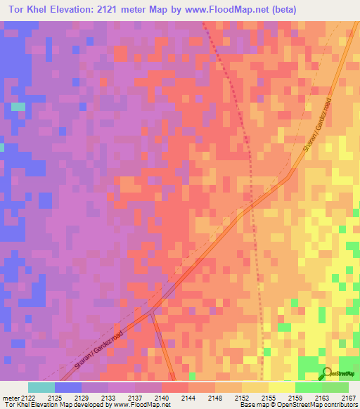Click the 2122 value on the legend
(x=27, y=397)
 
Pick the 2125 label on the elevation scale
(x=54, y=397)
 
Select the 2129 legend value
(x=81, y=397)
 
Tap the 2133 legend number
(x=108, y=397)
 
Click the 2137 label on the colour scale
(x=134, y=397)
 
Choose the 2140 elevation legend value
(x=161, y=397)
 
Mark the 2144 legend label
(x=188, y=397)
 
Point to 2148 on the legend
(x=214, y=397)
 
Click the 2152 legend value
(x=241, y=397)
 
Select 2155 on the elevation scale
(x=268, y=397)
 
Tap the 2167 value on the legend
(x=348, y=397)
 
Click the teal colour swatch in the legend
(x=41, y=387)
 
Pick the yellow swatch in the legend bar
(x=281, y=387)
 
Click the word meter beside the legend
(x=10, y=397)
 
